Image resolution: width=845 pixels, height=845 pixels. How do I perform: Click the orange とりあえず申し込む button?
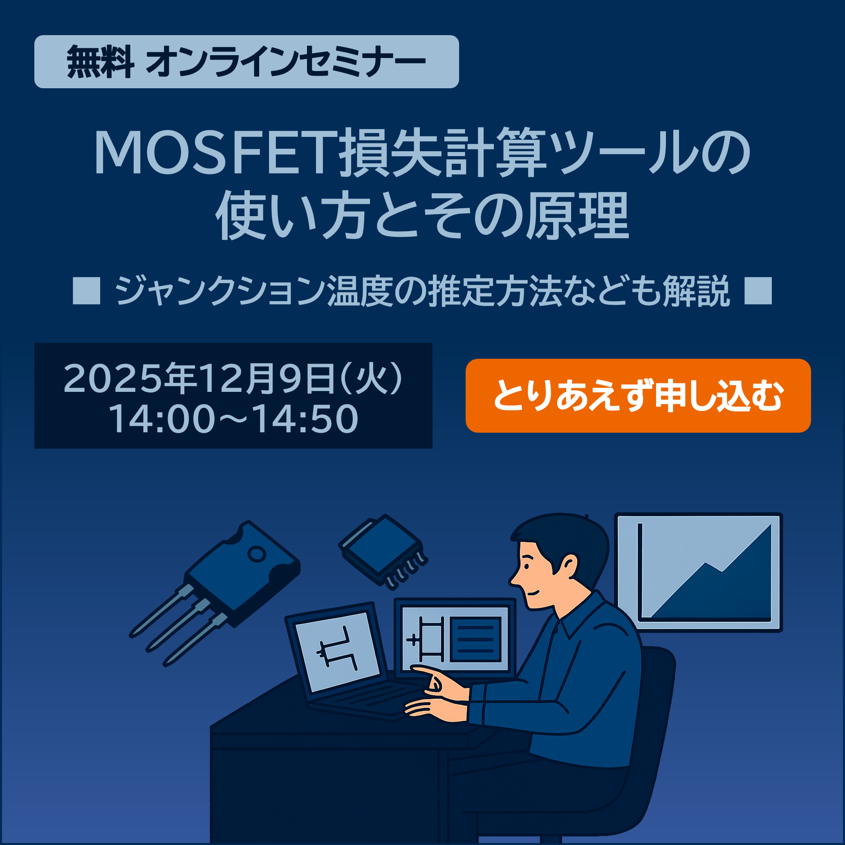click(x=638, y=396)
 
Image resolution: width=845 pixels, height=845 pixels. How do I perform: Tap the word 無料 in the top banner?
click(x=100, y=62)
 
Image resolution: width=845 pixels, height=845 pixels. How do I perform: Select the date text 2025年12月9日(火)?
click(x=232, y=378)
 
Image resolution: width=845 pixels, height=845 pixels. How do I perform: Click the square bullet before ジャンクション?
click(x=86, y=291)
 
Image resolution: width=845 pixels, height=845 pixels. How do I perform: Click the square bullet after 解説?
click(x=758, y=291)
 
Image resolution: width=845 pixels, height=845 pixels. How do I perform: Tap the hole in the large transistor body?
click(x=257, y=554)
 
